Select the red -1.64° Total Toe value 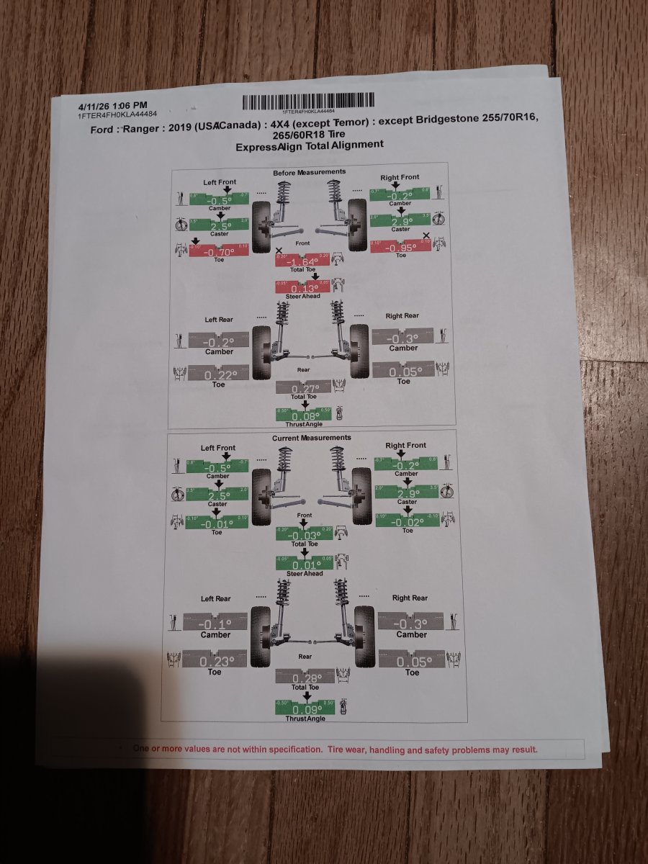point(302,261)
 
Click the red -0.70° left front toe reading point(219,252)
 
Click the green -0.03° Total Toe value point(304,535)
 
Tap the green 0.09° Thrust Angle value point(305,708)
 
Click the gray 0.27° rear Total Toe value point(305,388)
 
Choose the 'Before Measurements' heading point(309,172)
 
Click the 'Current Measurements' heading point(312,438)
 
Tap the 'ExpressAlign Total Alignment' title point(310,145)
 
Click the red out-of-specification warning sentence point(335,750)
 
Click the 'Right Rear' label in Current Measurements point(410,598)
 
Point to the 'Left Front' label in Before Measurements point(220,182)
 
